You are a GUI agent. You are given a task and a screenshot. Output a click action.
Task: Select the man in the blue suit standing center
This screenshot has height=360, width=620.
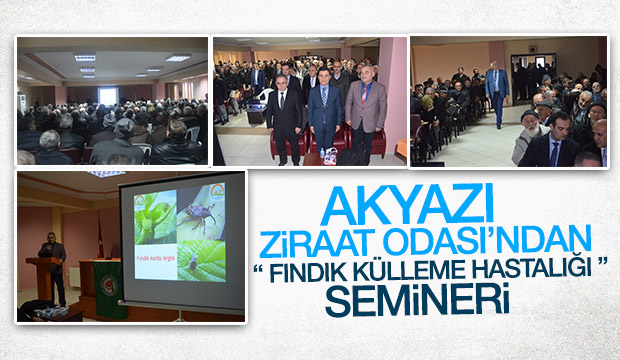click(324, 115)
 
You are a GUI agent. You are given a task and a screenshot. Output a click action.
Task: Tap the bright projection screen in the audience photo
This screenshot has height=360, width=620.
click(107, 96)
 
